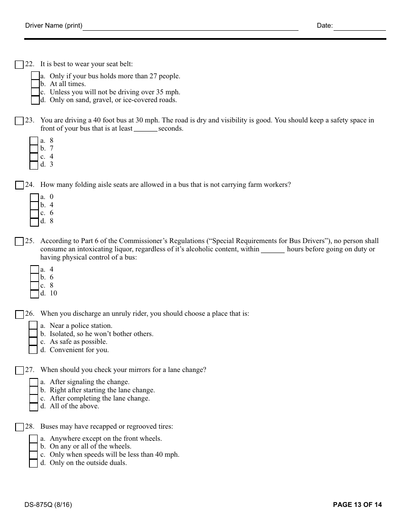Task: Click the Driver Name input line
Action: coord(190,26)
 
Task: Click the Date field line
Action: coord(359,26)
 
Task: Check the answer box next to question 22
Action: coord(19,65)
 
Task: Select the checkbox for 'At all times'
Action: coord(35,84)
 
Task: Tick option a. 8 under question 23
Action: coord(34,141)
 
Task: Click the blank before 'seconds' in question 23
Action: coord(145,129)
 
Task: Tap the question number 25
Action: coord(29,241)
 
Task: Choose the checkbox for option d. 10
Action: coord(35,294)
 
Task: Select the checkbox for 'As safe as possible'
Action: coord(33,342)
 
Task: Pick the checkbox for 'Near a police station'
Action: coord(33,326)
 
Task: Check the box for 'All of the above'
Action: coord(34,407)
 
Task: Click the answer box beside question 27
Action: coord(19,371)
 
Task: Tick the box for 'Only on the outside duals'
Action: coord(33,463)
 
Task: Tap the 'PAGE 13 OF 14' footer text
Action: coord(357,505)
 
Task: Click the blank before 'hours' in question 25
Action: coord(273,250)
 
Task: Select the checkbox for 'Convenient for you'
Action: coord(33,350)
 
